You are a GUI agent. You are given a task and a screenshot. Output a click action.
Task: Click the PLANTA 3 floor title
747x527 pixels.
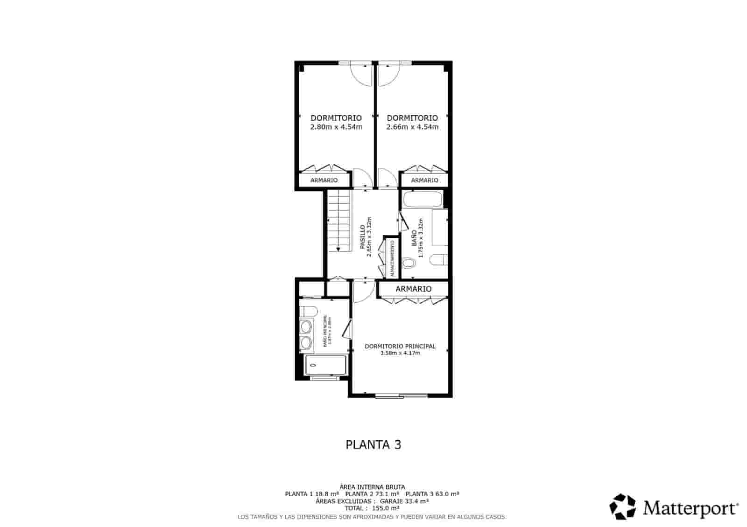coord(373,444)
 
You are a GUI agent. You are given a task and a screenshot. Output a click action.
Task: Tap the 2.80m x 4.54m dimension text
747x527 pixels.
coord(336,127)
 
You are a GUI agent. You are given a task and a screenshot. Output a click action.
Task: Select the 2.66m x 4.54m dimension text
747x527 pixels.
coord(412,127)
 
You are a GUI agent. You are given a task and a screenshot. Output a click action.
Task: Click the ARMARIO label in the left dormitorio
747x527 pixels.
coord(324,180)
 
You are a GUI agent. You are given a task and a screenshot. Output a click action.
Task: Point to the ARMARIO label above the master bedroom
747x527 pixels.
coord(413,289)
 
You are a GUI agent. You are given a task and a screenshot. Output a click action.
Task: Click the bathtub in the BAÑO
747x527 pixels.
coord(423,200)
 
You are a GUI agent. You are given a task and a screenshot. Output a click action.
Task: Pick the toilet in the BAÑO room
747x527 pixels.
coord(409,263)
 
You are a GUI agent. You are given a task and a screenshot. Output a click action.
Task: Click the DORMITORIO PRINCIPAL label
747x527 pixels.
coord(400,346)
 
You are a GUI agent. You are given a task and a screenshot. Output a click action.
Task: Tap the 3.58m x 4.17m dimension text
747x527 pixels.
coord(400,353)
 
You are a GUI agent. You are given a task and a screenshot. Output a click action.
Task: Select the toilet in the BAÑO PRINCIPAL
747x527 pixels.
coord(308,311)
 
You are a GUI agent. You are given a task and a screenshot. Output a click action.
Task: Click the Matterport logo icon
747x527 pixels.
coord(623,506)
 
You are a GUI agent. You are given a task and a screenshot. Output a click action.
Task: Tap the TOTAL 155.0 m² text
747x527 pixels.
coord(372,508)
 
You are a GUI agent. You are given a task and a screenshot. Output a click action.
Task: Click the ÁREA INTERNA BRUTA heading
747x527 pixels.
coord(372,487)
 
